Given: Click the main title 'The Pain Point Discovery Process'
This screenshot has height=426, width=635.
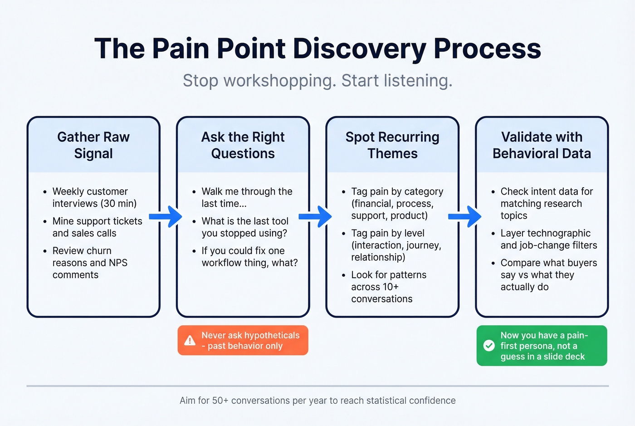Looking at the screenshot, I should tap(317, 48).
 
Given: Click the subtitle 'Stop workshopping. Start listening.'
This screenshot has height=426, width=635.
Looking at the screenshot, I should tap(317, 81).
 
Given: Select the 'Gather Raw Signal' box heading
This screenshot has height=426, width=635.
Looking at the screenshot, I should tap(93, 145).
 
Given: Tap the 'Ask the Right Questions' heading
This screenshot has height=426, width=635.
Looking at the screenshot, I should tap(243, 145).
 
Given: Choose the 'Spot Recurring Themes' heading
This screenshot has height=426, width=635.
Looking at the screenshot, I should tap(392, 145).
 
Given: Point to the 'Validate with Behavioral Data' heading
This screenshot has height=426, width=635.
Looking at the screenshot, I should tap(542, 145).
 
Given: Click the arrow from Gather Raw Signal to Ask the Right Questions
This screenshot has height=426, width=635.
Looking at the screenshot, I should tap(166, 216).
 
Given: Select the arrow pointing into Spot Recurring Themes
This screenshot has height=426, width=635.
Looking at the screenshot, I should tap(316, 216).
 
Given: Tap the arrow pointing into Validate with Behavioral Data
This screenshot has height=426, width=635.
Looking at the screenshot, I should tap(465, 216).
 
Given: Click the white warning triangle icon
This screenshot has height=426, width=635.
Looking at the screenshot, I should tap(190, 341).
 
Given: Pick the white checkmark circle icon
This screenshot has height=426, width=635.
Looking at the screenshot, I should tap(489, 346).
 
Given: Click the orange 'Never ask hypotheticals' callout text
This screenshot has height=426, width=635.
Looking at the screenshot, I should tap(250, 341).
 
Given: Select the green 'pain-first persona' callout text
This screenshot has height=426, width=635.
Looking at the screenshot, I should tap(544, 346).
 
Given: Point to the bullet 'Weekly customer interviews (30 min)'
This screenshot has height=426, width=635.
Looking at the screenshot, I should tap(94, 197).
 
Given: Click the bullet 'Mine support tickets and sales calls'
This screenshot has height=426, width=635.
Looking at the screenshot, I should tap(97, 227).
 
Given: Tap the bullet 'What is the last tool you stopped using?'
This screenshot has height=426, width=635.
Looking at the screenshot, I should tap(245, 227).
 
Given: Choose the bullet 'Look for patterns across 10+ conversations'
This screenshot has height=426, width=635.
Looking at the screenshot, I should tap(388, 287).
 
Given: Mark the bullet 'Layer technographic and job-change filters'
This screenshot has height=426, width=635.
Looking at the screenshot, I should tap(548, 239).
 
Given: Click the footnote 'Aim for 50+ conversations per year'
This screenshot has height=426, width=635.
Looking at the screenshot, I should tap(317, 401).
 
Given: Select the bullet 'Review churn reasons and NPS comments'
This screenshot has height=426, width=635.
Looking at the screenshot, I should tap(90, 263).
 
